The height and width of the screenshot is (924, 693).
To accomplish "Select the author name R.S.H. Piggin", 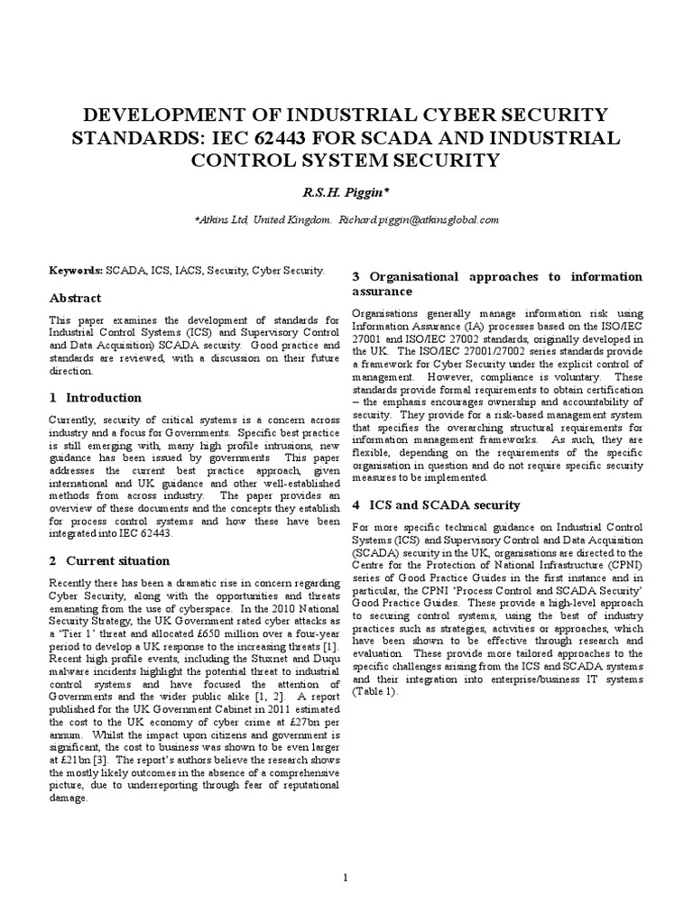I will pos(346,193).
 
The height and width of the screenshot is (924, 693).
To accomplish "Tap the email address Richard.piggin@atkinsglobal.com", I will pos(418,219).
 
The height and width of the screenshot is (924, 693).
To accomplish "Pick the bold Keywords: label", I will pos(77,270).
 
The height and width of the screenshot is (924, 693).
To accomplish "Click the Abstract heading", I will pos(75,298).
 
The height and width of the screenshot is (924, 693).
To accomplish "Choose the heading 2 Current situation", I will pos(110,560).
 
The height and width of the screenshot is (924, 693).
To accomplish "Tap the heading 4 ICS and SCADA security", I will pos(435,504).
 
